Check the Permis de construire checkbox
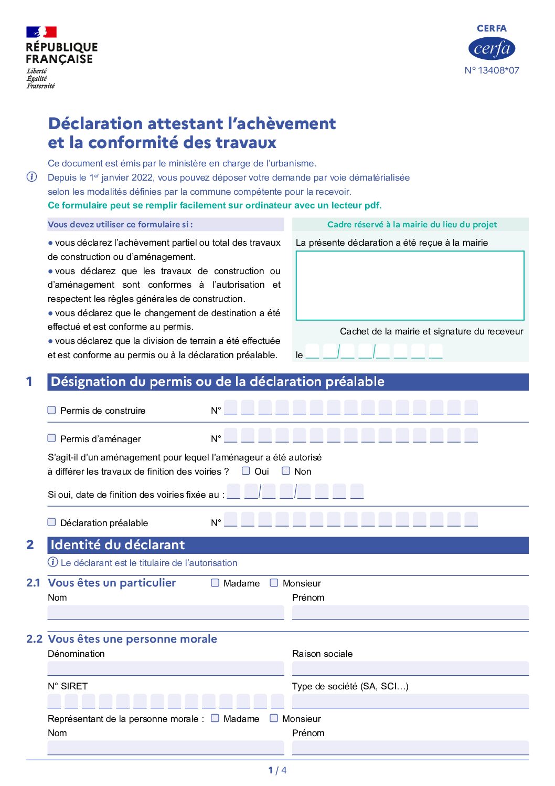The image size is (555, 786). (51, 410)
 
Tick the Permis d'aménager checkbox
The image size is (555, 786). (51, 438)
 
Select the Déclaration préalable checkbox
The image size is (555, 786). (51, 522)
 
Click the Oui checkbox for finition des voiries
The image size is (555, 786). (246, 471)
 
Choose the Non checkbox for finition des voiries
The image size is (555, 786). (286, 471)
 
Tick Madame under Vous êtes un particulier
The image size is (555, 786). (215, 583)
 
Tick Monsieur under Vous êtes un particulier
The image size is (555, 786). (274, 583)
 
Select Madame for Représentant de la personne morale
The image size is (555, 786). (215, 718)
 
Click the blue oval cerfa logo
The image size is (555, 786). (492, 49)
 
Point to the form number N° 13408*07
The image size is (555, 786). (492, 70)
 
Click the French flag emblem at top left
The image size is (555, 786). (41, 32)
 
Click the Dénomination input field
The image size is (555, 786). (166, 668)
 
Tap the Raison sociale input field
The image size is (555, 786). (410, 668)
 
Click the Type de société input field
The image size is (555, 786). (410, 701)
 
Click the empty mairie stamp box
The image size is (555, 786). (410, 285)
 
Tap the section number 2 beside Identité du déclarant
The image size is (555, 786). (30, 545)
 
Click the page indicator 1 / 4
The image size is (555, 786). (277, 770)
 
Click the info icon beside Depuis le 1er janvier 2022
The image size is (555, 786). (31, 177)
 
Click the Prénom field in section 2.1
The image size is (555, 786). (410, 612)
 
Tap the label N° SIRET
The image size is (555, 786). (68, 686)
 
